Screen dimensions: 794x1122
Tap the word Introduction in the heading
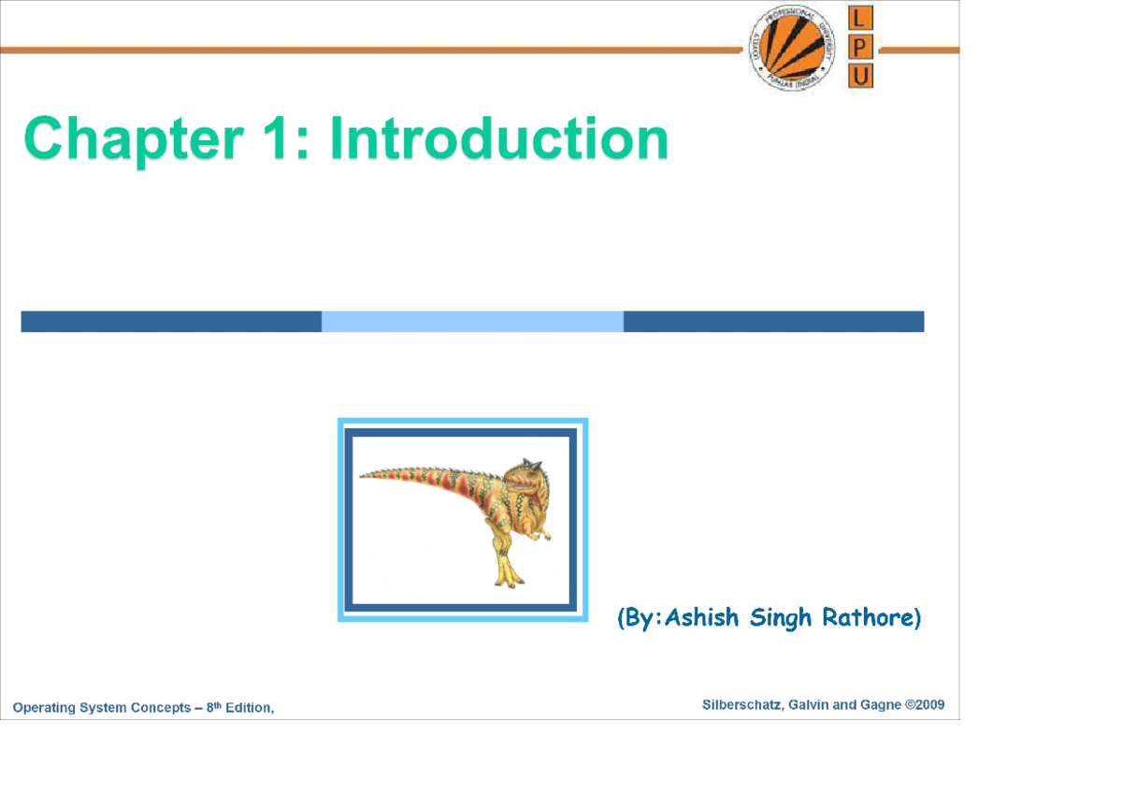499,139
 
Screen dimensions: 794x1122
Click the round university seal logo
792,51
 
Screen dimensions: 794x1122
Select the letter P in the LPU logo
860,48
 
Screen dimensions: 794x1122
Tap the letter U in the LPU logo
860,76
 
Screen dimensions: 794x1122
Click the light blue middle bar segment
472,322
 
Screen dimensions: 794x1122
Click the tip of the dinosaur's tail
364,474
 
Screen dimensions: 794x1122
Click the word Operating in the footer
44,708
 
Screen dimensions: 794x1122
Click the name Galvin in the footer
809,705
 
